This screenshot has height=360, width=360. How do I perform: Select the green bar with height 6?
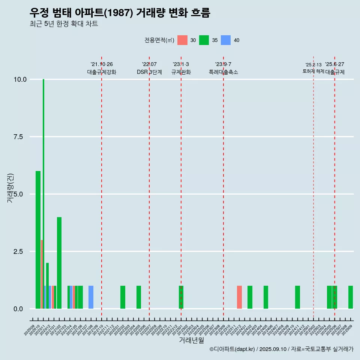[38, 240]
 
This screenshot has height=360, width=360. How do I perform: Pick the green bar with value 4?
[59, 262]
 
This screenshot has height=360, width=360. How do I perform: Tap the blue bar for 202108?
[91, 297]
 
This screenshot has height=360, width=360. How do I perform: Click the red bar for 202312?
[239, 297]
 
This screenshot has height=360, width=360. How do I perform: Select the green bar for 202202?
[123, 297]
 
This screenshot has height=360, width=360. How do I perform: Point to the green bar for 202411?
[297, 297]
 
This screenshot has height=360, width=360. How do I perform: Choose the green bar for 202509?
[351, 297]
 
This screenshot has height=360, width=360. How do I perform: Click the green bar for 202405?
[266, 297]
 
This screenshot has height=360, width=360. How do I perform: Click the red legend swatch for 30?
[182, 40]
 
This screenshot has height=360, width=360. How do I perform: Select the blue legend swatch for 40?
[225, 40]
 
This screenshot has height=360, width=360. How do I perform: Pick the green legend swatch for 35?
[204, 40]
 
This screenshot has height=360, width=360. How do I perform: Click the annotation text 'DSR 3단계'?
[149, 72]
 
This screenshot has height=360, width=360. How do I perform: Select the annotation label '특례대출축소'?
[223, 72]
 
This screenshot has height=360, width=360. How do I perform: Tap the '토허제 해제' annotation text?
[313, 71]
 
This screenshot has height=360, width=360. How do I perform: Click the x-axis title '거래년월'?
[191, 340]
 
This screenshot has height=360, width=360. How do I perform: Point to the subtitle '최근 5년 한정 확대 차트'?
[64, 24]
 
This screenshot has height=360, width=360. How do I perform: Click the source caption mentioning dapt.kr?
[281, 349]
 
